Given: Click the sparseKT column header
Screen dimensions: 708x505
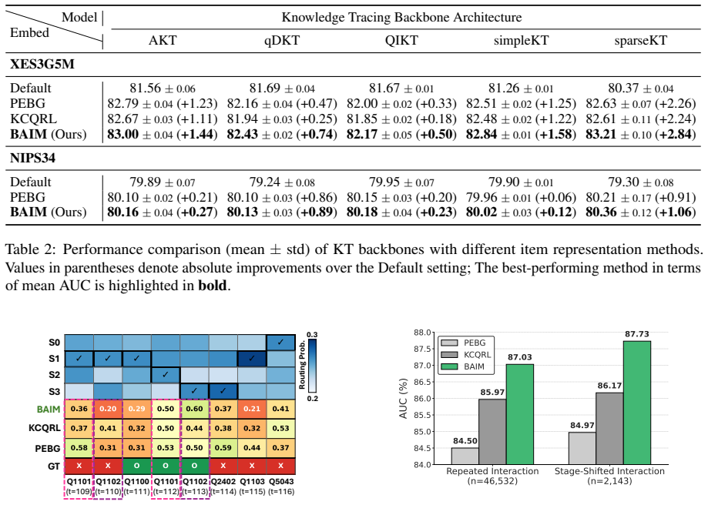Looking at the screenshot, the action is point(640,41).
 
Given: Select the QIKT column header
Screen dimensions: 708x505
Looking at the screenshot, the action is point(401,41).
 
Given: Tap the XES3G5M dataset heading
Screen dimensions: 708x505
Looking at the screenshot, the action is point(42,64).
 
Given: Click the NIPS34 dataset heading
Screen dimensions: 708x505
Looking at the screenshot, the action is point(33,158).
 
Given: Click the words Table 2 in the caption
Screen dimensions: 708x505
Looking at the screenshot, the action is point(30,249).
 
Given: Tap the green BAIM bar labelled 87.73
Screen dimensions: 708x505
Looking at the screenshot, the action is point(636,403).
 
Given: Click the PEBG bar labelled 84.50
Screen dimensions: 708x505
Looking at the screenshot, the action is point(465,456).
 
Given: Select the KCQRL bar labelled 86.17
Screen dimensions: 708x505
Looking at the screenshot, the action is point(609,428).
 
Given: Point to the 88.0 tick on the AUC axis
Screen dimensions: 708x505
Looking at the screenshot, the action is point(422,333).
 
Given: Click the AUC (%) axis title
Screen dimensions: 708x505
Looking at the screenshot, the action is point(403,399).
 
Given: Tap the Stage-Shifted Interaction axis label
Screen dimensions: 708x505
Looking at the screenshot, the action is point(609,471).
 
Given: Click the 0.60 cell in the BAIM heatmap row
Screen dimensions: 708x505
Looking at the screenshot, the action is point(194,409).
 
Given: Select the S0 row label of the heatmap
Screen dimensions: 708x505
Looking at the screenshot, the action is point(54,343).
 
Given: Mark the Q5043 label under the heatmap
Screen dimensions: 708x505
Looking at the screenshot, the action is point(281,482).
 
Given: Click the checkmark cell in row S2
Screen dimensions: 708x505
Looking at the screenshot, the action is point(166,375).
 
